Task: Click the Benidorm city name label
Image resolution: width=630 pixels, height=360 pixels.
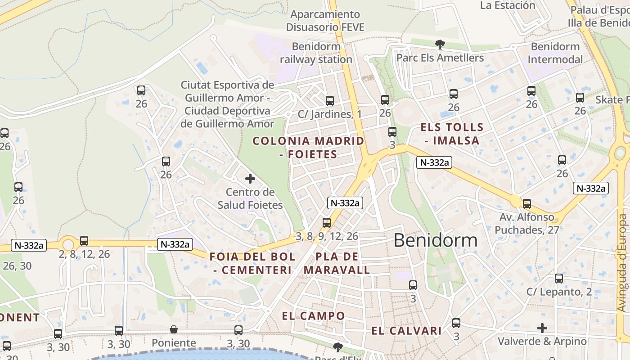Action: tap(435, 240)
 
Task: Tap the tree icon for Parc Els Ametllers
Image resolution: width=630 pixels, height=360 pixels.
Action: tap(440, 44)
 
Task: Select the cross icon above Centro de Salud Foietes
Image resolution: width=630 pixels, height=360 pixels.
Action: tap(250, 179)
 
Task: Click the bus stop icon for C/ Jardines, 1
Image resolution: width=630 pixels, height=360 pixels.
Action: tap(330, 101)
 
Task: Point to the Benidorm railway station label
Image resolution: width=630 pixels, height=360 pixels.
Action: tap(316, 53)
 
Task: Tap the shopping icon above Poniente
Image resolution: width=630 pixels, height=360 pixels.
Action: tap(174, 330)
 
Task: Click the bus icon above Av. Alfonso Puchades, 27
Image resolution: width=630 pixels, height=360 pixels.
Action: tap(526, 204)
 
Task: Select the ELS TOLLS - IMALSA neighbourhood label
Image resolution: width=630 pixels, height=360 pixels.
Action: tap(451, 134)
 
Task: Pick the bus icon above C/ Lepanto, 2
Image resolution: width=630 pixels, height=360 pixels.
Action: tap(558, 279)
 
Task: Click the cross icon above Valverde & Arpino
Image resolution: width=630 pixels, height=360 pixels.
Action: tap(542, 328)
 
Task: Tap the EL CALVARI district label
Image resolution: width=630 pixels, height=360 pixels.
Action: tap(406, 331)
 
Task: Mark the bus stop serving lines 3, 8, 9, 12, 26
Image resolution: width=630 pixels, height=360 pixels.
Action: tap(327, 223)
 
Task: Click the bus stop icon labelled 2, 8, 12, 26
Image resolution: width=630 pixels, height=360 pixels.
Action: tap(84, 241)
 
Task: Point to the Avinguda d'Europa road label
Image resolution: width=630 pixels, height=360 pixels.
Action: tap(622, 263)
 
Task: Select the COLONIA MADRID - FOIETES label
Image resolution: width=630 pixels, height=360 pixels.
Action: tap(308, 147)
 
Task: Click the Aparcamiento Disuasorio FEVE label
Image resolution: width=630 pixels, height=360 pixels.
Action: tap(325, 21)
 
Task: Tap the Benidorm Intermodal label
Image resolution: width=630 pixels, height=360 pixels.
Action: tap(555, 53)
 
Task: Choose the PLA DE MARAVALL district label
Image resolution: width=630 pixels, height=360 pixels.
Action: tap(337, 263)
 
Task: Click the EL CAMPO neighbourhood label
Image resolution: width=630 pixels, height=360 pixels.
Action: tap(313, 315)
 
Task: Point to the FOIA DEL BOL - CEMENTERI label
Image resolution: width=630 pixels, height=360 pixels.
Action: tap(252, 263)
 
